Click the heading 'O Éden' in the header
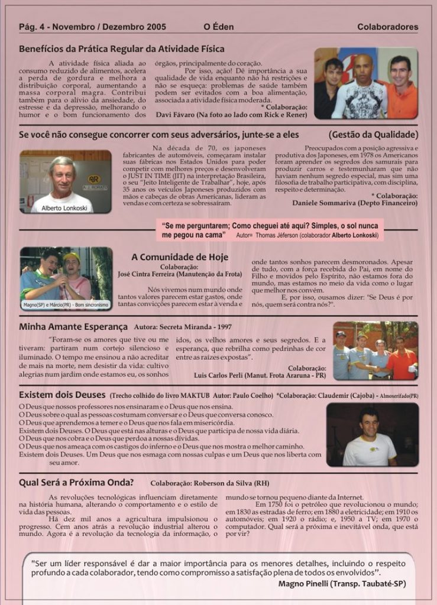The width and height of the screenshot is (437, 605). [216, 27]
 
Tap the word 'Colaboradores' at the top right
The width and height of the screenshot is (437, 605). [387, 27]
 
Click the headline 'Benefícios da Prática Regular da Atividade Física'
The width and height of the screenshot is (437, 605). [122, 49]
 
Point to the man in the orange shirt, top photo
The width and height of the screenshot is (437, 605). [400, 86]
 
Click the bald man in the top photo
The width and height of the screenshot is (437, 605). [361, 86]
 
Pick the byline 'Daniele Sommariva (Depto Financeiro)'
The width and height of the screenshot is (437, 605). [355, 203]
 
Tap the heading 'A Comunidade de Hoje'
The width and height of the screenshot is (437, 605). [179, 257]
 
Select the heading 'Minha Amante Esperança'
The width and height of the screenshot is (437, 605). [73, 326]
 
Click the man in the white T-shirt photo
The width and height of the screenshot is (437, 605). [370, 437]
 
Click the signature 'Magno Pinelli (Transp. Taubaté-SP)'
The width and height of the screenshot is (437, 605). [342, 584]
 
